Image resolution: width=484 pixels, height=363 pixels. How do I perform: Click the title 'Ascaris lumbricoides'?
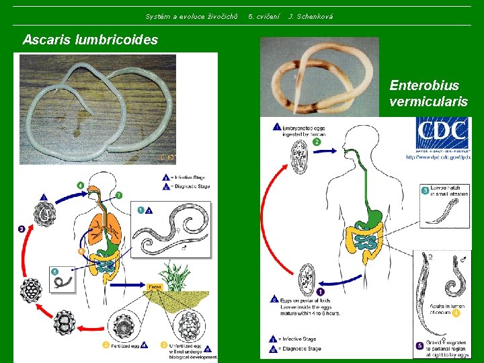(x=90, y=40)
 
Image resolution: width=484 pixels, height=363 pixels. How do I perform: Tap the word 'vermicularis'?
(x=428, y=102)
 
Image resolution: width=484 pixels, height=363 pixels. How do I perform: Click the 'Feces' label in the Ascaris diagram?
(x=155, y=286)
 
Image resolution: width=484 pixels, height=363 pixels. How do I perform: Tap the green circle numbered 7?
(x=119, y=196)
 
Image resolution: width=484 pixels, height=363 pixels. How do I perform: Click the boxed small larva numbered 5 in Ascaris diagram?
(x=63, y=280)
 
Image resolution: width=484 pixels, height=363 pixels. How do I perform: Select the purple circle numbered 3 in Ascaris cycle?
(x=22, y=229)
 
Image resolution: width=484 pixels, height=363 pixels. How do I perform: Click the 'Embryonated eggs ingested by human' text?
(x=307, y=130)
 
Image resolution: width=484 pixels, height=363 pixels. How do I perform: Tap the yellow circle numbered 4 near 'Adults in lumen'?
(x=456, y=313)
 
